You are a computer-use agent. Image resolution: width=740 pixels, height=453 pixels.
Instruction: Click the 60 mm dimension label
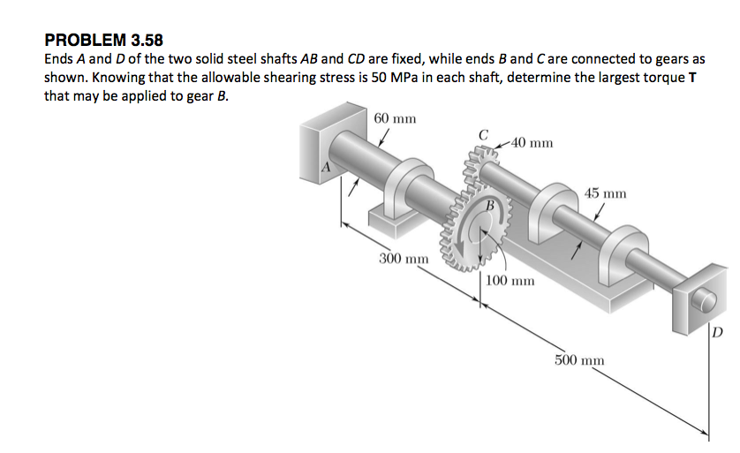[395, 118]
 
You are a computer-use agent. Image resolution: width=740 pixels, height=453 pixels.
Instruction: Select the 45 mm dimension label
[605, 193]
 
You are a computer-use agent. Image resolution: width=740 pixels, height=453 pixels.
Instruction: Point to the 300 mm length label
[404, 260]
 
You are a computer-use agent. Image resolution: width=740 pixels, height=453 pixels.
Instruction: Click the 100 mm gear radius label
[510, 281]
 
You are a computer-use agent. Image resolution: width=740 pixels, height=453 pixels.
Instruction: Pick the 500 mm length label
[579, 360]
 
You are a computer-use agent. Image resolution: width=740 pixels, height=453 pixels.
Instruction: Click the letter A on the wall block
[326, 167]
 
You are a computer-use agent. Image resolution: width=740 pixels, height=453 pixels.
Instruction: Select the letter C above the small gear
[483, 134]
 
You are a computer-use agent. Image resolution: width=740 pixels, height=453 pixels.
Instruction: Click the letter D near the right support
[716, 333]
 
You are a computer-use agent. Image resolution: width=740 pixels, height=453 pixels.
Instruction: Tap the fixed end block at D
[694, 300]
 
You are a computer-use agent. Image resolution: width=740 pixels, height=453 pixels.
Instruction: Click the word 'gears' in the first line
[673, 59]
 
